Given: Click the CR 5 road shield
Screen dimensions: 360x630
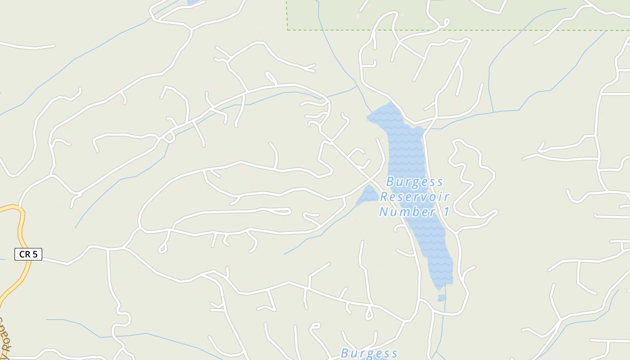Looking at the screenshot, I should point(28,254).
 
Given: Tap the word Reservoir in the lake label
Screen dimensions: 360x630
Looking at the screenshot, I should point(414,197).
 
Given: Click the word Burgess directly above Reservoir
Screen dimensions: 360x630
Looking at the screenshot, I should point(414,182).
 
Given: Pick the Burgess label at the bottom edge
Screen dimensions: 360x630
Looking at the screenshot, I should point(369,353).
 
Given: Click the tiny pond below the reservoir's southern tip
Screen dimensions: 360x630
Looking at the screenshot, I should point(442,297).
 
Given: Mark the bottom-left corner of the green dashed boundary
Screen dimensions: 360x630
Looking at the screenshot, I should point(288,30).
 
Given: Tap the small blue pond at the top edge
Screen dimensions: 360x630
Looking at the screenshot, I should point(193,2).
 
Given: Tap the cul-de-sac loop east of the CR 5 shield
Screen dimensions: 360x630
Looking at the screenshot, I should point(163,247).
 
